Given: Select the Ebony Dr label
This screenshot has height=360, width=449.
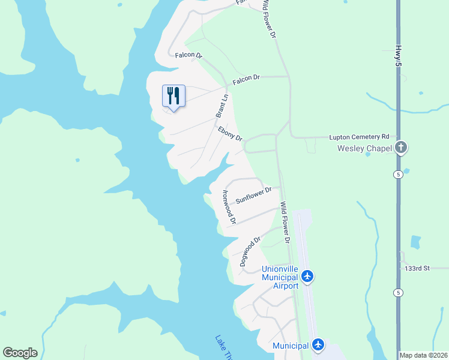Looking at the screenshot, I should pyautogui.click(x=230, y=133).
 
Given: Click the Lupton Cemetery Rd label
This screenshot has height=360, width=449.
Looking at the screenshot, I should pyautogui.click(x=360, y=137).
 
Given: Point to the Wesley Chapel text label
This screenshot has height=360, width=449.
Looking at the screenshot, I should pyautogui.click(x=364, y=148).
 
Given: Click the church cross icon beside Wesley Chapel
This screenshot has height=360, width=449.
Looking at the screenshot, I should pyautogui.click(x=401, y=148).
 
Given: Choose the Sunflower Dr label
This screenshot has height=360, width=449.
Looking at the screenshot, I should pyautogui.click(x=253, y=195).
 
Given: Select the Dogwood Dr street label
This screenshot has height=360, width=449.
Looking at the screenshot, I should pyautogui.click(x=250, y=251).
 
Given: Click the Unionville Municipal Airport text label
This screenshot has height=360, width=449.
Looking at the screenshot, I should pyautogui.click(x=280, y=278).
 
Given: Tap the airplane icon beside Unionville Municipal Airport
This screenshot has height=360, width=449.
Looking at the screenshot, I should pyautogui.click(x=308, y=277).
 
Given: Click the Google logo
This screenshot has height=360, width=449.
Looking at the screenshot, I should pyautogui.click(x=20, y=353).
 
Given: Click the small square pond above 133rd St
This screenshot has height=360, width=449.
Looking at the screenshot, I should pyautogui.click(x=416, y=242).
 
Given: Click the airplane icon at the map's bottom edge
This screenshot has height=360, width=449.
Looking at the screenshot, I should pyautogui.click(x=318, y=345).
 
